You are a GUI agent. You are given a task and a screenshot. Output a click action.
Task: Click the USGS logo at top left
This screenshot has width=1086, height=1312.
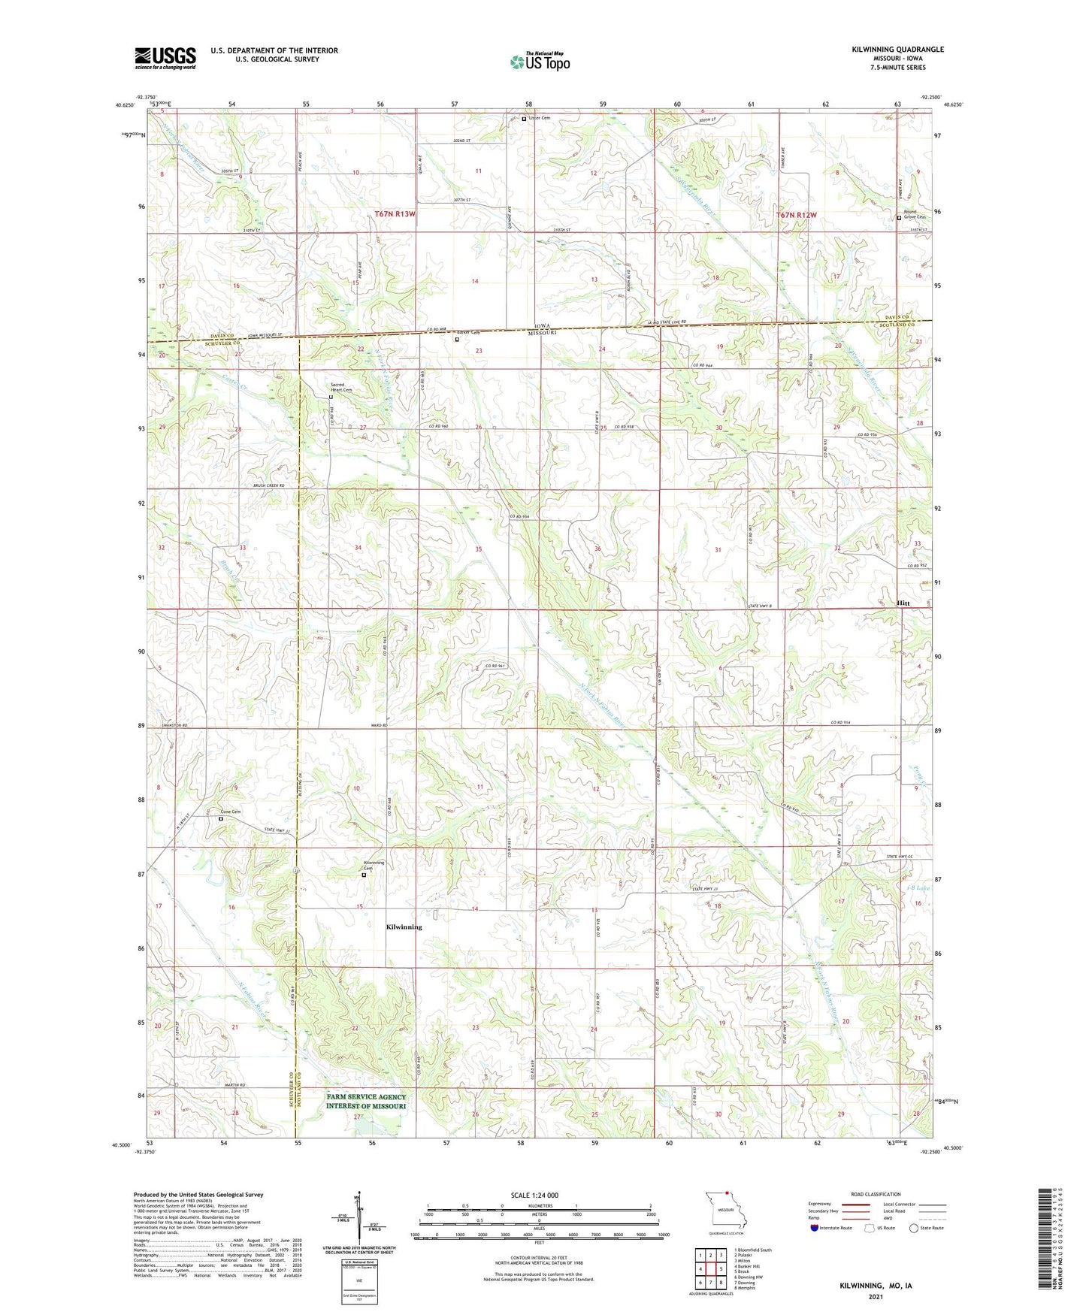pyautogui.click(x=165, y=58)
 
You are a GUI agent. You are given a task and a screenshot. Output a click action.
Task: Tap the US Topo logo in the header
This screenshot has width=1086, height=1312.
pyautogui.click(x=540, y=62)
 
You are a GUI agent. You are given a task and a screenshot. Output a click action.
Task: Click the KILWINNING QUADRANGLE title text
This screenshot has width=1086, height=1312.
pyautogui.click(x=897, y=50)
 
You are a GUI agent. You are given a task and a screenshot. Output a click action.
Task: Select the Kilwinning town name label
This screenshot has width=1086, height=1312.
pyautogui.click(x=404, y=927)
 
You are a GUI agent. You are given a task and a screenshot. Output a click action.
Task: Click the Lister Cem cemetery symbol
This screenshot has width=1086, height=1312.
pyautogui.click(x=524, y=119)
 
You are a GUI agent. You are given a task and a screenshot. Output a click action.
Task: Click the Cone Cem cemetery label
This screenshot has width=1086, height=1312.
pyautogui.click(x=231, y=812)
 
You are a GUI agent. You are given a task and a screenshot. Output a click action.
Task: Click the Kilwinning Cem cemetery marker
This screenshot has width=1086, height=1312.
pyautogui.click(x=365, y=875)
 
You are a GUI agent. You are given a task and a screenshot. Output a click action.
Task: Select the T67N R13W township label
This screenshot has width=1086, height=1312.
pyautogui.click(x=395, y=215)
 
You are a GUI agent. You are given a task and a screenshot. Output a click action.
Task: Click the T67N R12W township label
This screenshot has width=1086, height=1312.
pyautogui.click(x=796, y=215)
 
